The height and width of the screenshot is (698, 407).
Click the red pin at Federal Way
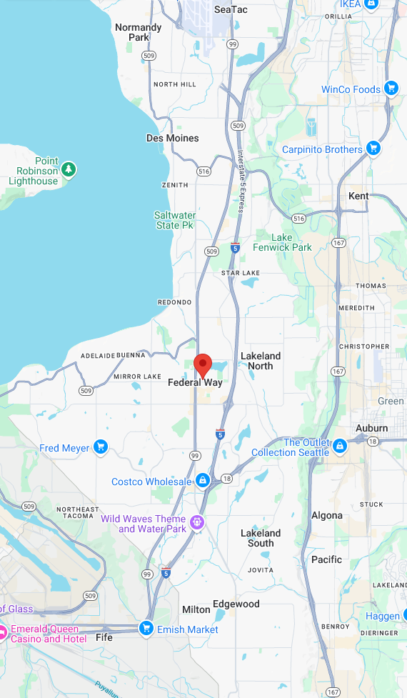[203, 364]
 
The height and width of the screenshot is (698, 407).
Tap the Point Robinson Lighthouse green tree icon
[69, 169]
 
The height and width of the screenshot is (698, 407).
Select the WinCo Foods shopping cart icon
[391, 89]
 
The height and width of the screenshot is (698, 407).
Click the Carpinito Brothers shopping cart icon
[373, 149]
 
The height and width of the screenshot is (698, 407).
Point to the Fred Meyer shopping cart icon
[101, 447]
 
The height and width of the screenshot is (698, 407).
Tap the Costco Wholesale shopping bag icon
[203, 480]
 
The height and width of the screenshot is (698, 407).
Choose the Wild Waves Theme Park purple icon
[198, 523]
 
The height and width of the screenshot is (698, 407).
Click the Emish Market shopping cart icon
[146, 629]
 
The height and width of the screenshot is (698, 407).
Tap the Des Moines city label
[173, 138]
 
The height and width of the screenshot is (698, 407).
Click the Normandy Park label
[139, 32]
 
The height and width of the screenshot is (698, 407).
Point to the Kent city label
[358, 196]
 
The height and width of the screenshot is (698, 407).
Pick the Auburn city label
[372, 429]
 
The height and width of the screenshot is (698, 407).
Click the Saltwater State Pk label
[174, 220]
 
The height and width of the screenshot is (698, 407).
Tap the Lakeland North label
[261, 361]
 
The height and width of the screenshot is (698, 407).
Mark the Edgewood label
[236, 604]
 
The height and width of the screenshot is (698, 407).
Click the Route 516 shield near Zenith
[204, 171]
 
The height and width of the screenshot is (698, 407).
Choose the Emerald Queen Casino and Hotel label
[49, 634]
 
